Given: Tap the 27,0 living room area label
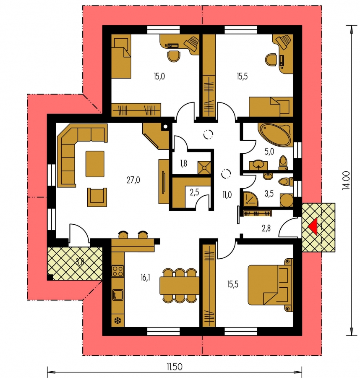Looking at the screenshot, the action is [133, 180].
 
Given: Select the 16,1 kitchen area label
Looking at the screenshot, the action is [146, 278].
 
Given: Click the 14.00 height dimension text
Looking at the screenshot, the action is [346, 180].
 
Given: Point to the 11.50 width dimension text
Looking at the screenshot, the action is [175, 367].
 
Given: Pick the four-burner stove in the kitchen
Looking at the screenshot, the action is [118, 270].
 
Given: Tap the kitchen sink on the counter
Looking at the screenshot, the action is [118, 294].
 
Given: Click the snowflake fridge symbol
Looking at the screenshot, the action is [117, 320].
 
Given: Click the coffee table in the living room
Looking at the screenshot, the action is [95, 164].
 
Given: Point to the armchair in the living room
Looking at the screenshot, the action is [97, 197].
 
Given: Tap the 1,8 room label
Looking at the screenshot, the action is [183, 163].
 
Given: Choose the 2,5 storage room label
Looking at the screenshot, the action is [194, 192].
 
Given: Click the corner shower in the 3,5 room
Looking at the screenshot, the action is [250, 199].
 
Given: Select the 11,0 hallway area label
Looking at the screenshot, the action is [227, 194].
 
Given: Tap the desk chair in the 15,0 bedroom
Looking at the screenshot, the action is [174, 56].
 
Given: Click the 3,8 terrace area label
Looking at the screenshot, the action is [80, 262].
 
